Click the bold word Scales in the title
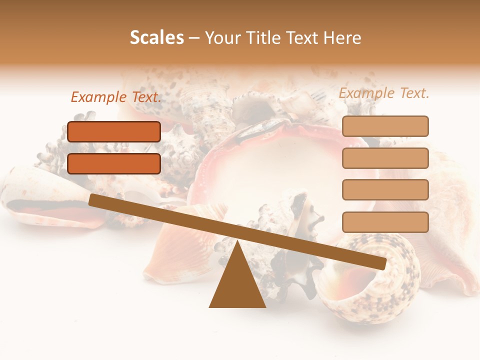(x=157, y=38)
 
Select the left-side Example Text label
(x=116, y=97)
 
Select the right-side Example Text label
(x=384, y=93)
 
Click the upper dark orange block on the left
(x=114, y=131)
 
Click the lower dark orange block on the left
(x=114, y=163)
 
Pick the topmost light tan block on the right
(x=385, y=126)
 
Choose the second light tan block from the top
(x=385, y=158)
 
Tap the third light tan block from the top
(x=385, y=189)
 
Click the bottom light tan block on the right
(x=385, y=222)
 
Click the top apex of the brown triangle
(x=238, y=243)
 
